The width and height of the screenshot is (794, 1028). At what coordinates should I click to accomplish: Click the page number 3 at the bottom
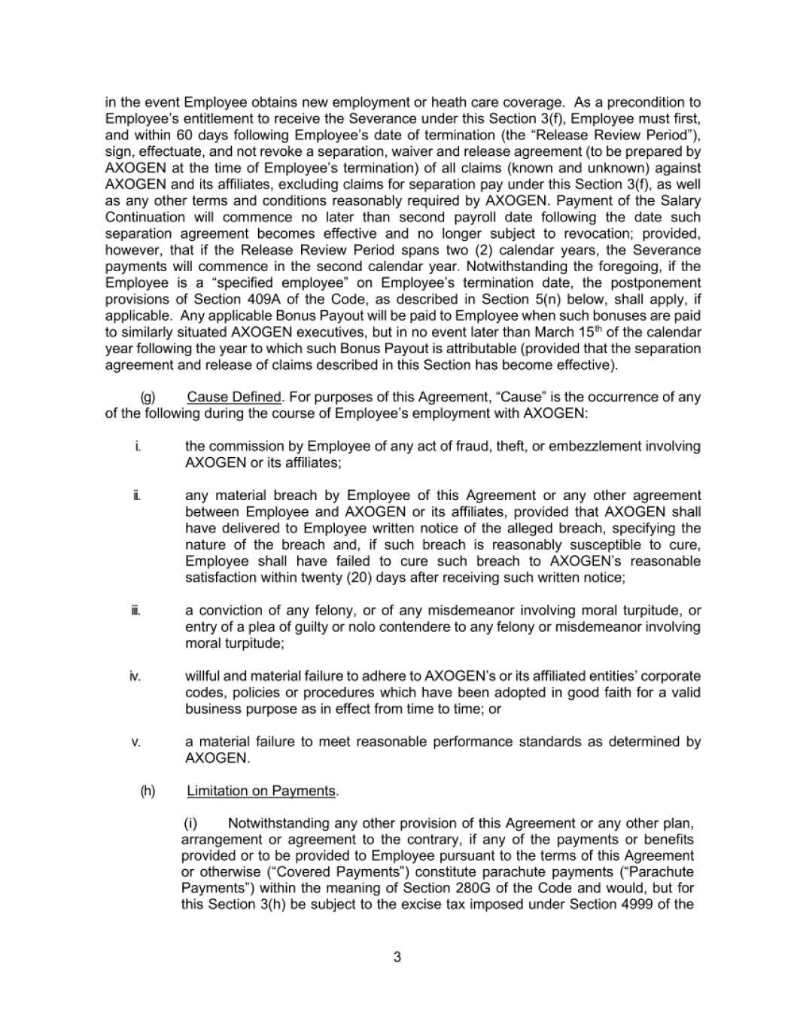[397, 957]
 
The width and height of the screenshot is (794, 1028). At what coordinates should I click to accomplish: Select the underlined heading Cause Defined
[233, 397]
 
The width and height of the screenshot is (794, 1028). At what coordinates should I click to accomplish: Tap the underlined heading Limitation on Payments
[261, 791]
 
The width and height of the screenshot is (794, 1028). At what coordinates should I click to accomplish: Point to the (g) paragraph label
[148, 397]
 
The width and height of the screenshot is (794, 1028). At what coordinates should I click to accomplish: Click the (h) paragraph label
[148, 791]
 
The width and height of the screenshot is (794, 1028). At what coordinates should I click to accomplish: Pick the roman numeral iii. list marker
[136, 610]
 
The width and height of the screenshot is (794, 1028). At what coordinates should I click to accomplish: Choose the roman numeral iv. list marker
[135, 676]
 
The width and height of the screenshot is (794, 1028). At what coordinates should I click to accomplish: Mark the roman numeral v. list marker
[136, 742]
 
